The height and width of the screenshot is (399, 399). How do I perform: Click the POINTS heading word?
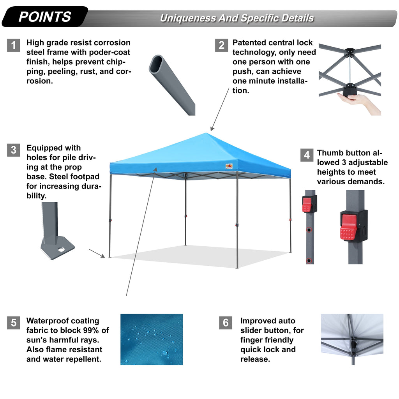coord(45,17)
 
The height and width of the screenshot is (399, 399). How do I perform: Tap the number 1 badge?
coord(14,46)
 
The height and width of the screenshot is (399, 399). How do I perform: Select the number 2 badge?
coord(221,46)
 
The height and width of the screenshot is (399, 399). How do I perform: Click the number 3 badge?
coord(14,150)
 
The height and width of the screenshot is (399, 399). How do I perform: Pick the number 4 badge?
coord(307,155)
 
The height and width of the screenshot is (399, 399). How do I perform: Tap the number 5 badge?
coord(14,323)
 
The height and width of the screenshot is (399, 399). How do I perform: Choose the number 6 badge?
coord(226,323)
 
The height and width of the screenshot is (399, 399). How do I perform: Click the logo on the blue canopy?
coord(229,166)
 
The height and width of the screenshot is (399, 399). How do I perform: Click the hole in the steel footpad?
coord(61,248)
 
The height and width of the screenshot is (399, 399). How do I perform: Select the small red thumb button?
coord(307,204)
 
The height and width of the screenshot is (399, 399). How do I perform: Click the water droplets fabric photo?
coord(152,339)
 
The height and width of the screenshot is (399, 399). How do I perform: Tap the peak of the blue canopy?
coord(207,134)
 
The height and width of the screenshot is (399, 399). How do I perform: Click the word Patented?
coord(250,42)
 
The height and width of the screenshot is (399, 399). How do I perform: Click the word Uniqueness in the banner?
coord(188,18)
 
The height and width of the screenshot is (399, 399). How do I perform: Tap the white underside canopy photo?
coord(352,339)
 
